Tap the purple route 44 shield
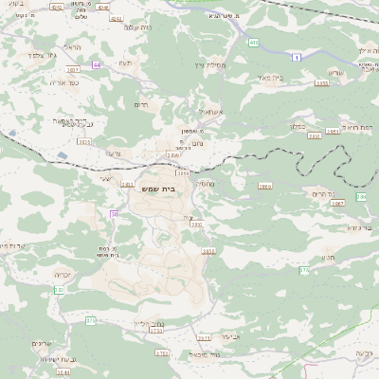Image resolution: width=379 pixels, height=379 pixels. [97, 64]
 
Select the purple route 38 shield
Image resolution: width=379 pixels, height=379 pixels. [114, 215]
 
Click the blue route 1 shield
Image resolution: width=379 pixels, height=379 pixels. [297, 59]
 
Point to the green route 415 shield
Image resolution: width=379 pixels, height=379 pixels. [254, 43]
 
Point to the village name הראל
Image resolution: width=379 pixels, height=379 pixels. [71, 47]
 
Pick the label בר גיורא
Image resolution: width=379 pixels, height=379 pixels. [358, 228]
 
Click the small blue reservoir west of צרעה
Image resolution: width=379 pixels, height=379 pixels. [63, 155]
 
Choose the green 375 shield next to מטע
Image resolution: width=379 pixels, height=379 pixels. [305, 271]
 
